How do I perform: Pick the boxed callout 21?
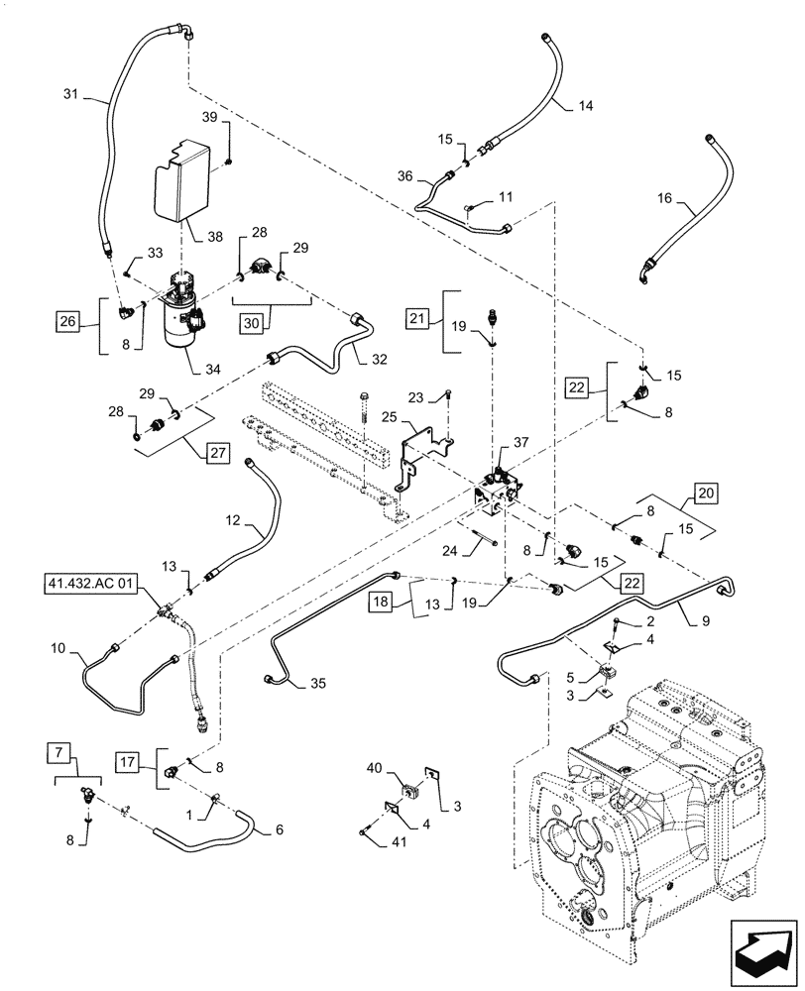[416, 318]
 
